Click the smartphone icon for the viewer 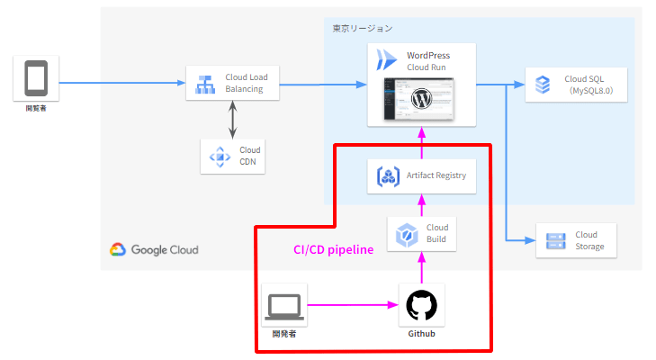point(36,78)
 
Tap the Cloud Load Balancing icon point(203,84)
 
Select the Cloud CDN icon point(220,156)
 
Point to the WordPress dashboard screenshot point(419,99)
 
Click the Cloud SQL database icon point(543,85)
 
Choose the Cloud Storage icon point(553,240)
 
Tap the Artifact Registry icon point(388,175)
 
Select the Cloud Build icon point(407,233)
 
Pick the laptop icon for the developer point(283,305)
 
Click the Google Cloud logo point(154,250)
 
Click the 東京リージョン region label point(362,29)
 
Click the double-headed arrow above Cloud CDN point(233,118)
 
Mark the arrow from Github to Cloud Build point(421,268)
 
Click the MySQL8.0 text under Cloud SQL point(584,91)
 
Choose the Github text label point(421,334)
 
